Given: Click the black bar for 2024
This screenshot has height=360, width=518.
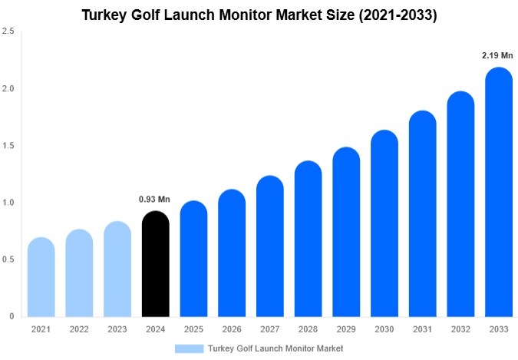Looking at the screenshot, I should [x=156, y=265].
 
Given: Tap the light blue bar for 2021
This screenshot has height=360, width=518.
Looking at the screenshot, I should [x=41, y=278].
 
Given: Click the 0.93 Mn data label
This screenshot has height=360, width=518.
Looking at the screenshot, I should [x=154, y=200].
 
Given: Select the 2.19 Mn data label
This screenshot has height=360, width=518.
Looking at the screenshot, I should [x=497, y=56].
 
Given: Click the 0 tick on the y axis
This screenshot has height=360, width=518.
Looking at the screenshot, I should [x=12, y=316].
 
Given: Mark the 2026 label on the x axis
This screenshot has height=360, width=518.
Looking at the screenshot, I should [x=232, y=329].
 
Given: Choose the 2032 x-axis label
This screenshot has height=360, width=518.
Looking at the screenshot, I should [x=460, y=329].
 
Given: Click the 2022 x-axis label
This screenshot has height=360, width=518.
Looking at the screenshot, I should [x=79, y=329].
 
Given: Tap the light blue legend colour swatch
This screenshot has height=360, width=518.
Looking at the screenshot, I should [x=189, y=348].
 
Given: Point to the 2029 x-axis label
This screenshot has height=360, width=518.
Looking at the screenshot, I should [x=346, y=329].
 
